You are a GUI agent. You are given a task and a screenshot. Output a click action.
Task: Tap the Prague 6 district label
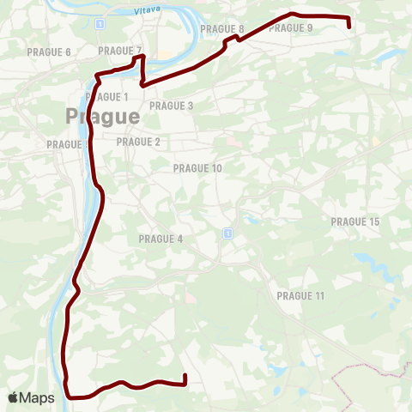[x=49, y=52]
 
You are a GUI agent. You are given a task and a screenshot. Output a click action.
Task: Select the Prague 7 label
[x=119, y=51]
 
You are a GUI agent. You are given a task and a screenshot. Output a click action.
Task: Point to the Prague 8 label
[x=221, y=28]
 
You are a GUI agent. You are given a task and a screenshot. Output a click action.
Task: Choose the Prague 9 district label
[x=291, y=27]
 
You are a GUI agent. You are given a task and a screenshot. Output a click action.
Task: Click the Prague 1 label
[x=107, y=96]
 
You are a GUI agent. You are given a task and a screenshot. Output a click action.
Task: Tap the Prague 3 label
[x=172, y=106]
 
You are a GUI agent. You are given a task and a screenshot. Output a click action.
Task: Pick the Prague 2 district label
[x=138, y=142]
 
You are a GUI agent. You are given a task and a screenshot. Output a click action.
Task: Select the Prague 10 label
[x=197, y=168]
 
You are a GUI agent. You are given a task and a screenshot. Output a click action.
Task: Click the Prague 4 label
[x=161, y=238]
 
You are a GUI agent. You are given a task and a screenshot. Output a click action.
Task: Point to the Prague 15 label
[x=354, y=221]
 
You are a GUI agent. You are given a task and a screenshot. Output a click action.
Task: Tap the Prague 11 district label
[x=300, y=295]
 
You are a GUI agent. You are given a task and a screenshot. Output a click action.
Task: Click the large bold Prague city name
[x=102, y=116]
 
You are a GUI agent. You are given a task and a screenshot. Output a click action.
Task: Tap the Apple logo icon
[x=13, y=397]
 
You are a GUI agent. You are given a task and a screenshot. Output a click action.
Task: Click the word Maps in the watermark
[x=38, y=398]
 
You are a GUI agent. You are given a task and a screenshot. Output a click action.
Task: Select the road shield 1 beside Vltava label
[x=100, y=24]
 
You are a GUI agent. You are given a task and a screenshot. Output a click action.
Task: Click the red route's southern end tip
[x=185, y=376]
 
